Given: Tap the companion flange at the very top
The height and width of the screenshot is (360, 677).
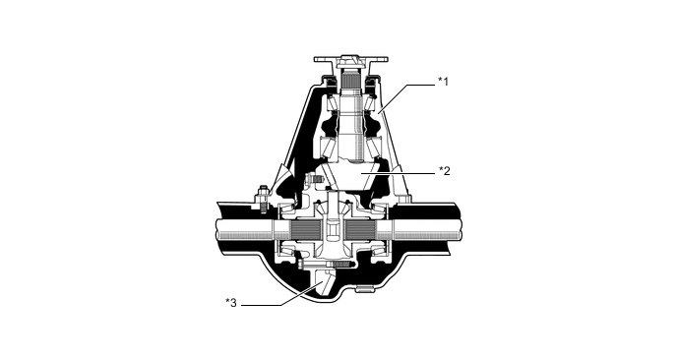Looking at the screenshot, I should (349, 58).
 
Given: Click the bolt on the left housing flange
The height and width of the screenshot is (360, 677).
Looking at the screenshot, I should (265, 197).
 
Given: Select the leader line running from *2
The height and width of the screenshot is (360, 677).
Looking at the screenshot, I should (403, 171).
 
